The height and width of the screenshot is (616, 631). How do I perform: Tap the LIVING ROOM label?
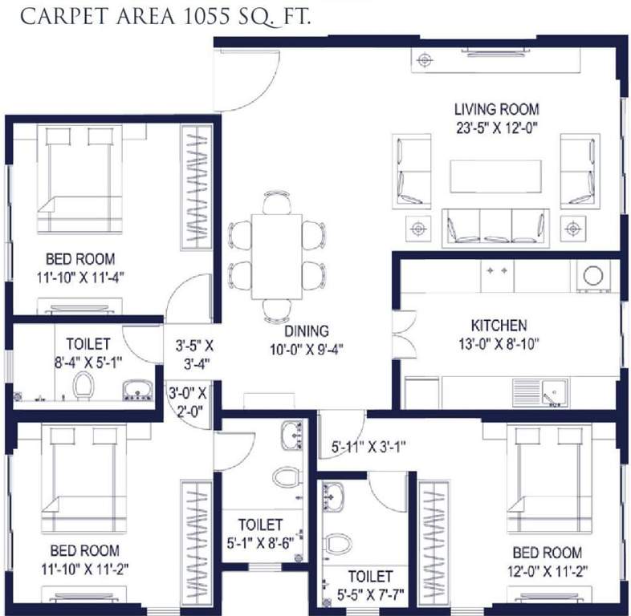496,109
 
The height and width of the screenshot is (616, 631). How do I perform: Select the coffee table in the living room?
495,176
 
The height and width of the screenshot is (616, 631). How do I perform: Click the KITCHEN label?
499,326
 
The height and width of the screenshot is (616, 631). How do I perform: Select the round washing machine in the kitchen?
593,275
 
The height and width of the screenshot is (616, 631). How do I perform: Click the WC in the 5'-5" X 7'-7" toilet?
339,544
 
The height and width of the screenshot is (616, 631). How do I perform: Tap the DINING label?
306,330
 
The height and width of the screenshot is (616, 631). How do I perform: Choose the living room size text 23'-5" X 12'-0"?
496,126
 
